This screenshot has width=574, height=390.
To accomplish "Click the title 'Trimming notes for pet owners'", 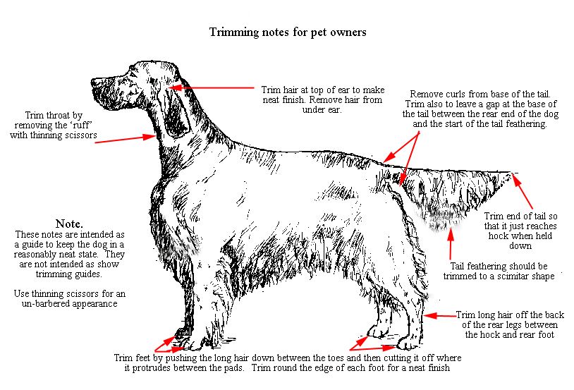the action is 288,32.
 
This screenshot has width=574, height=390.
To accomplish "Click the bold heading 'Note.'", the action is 69,224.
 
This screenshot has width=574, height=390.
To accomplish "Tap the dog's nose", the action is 94,83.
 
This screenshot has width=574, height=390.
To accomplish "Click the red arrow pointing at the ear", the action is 212,88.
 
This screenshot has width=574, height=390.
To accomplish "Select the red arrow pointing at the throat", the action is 126,139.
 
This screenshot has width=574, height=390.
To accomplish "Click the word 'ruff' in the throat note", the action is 82,126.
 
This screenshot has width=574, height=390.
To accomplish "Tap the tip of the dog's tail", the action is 510,172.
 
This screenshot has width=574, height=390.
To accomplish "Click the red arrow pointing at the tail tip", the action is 522,192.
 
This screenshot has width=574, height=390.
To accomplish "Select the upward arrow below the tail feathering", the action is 451,243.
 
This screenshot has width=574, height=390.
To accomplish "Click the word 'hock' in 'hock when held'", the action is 499,236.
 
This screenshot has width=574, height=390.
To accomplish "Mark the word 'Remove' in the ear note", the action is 324,100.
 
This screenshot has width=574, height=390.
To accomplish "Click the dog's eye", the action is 129,77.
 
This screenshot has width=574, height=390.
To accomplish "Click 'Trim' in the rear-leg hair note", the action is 465,315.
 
